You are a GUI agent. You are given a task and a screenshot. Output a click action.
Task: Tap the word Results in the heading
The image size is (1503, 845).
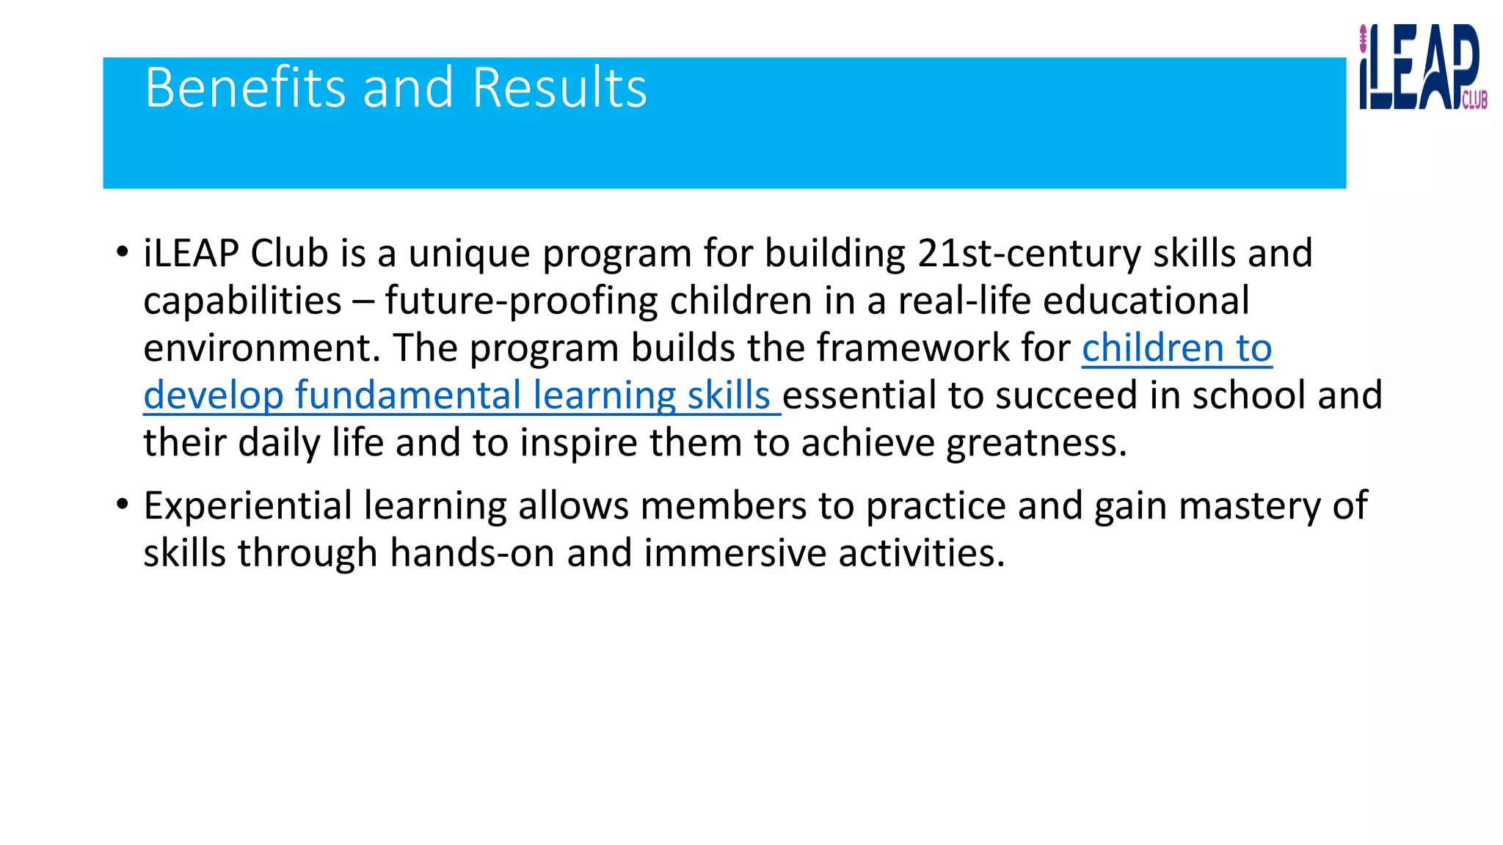coord(559,88)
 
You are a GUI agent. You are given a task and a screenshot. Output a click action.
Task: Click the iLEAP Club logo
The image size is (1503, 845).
coord(1421,67)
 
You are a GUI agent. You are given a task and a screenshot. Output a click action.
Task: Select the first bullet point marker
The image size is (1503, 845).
coord(122,252)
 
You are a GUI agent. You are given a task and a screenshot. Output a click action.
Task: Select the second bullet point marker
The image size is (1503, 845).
coord(122,505)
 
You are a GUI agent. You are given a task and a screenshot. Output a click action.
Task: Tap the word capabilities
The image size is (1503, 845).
coord(242,301)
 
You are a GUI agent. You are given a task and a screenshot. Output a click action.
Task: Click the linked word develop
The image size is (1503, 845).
coord(213,396)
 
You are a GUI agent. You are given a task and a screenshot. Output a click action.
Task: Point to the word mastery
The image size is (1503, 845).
coord(1250,506)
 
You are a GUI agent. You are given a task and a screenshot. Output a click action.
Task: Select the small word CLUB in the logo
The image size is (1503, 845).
coord(1474,100)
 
